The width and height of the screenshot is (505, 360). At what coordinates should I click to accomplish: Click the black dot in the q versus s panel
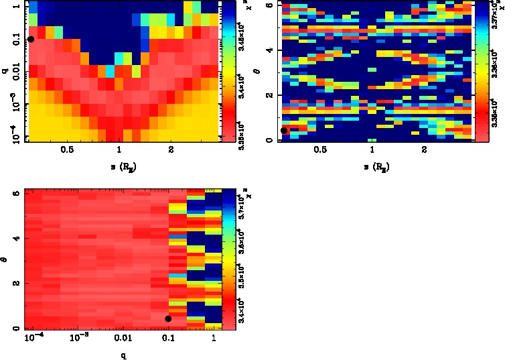[x=31, y=40]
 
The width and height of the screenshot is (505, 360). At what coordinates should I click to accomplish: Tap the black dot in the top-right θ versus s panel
[x=284, y=131]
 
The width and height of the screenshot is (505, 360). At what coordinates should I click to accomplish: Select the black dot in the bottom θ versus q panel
[x=168, y=318]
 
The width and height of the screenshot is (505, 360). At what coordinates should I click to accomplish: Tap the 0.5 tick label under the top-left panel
[x=67, y=150]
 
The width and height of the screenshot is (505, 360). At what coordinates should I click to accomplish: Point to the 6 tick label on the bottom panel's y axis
[x=15, y=193]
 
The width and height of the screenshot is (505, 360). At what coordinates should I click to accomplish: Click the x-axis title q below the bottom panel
[x=123, y=355]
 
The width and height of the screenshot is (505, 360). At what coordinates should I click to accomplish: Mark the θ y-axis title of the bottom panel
[x=5, y=260]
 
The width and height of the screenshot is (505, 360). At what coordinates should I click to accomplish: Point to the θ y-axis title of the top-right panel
[x=259, y=71]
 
